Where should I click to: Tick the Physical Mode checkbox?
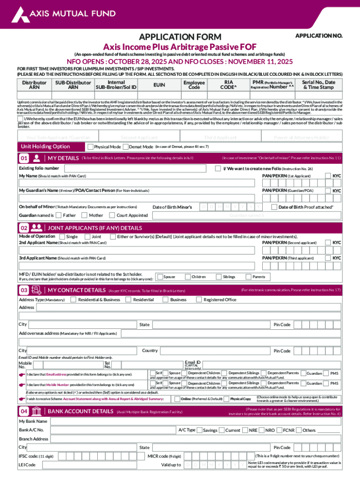(x=91, y=147)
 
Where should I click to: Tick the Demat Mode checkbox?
(x=131, y=147)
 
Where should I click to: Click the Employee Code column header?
(x=194, y=85)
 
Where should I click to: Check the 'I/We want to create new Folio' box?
(x=218, y=168)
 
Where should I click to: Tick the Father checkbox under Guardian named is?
(x=58, y=215)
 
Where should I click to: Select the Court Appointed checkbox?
(x=112, y=215)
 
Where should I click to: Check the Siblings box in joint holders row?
(x=218, y=277)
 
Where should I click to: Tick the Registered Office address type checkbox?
(x=199, y=299)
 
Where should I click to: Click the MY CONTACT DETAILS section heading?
(x=77, y=290)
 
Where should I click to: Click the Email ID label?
(x=193, y=363)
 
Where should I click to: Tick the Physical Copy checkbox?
(x=227, y=399)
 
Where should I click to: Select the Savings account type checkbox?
(x=200, y=430)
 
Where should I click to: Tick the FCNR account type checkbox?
(x=279, y=430)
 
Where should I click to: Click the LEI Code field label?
(x=27, y=465)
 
